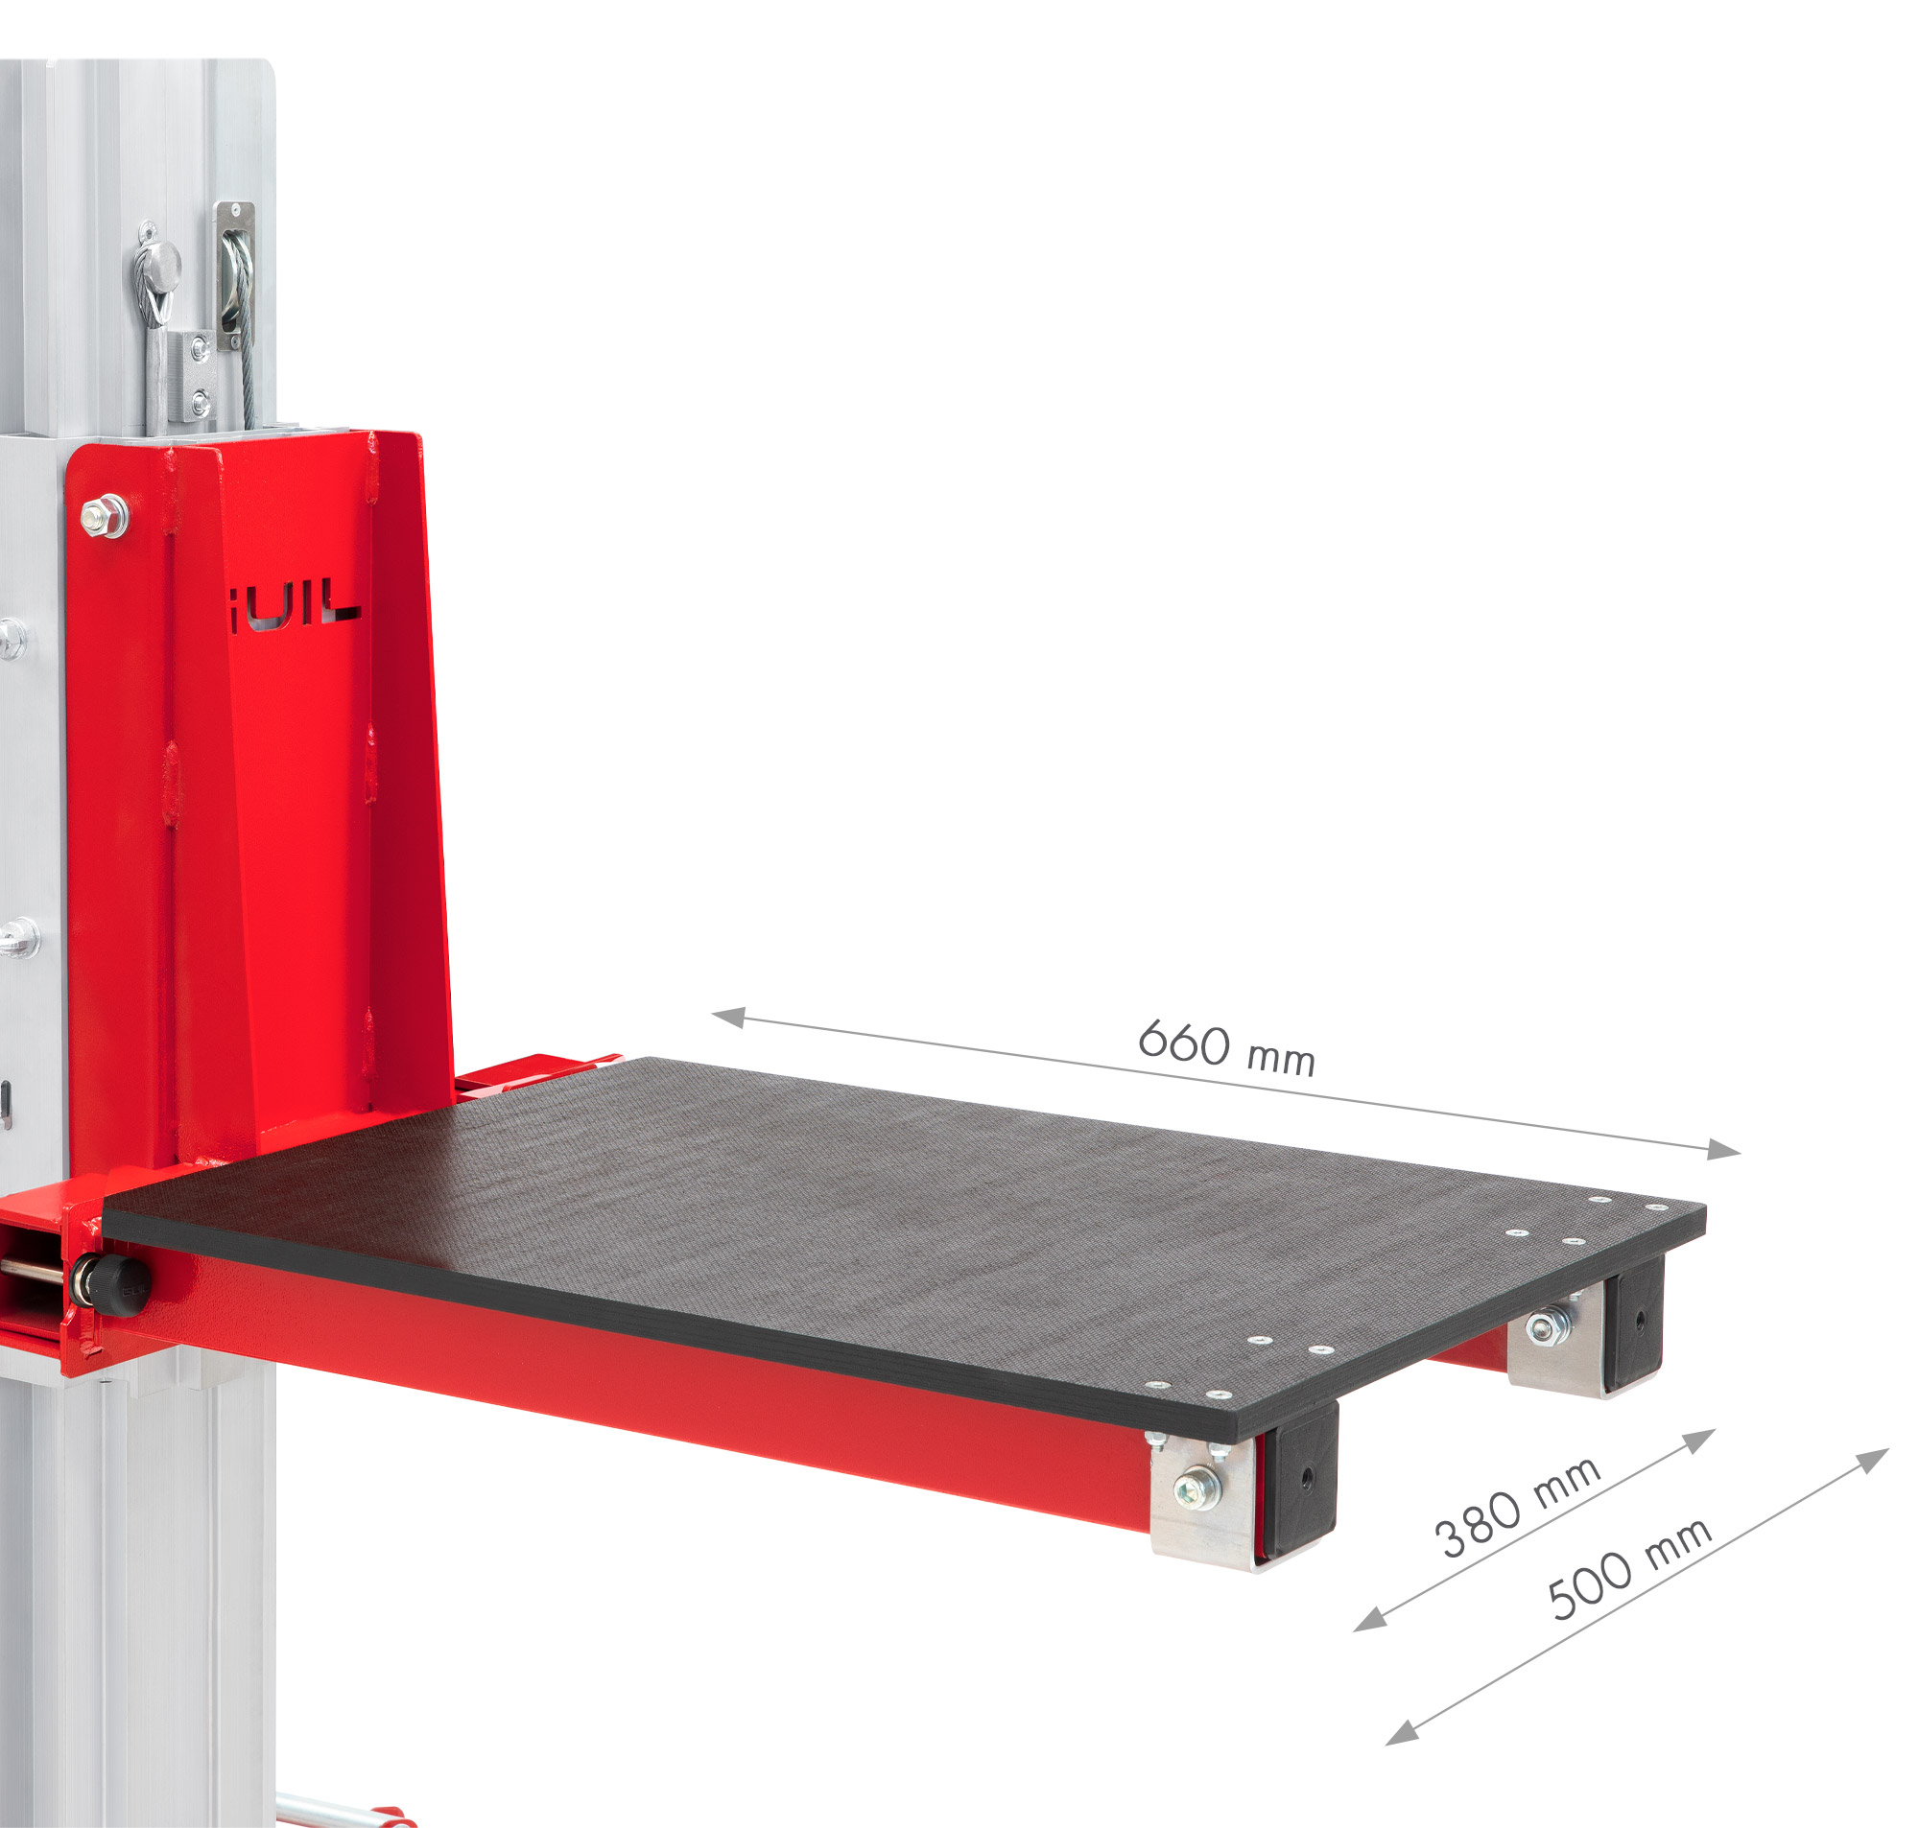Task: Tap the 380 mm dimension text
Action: pos(1515,1507)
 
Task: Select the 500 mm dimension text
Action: pos(1628,1569)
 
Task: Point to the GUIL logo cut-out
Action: pos(296,604)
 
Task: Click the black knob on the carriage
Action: pos(115,1274)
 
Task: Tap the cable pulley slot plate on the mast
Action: pos(235,276)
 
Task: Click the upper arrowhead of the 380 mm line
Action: pos(1700,1440)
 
